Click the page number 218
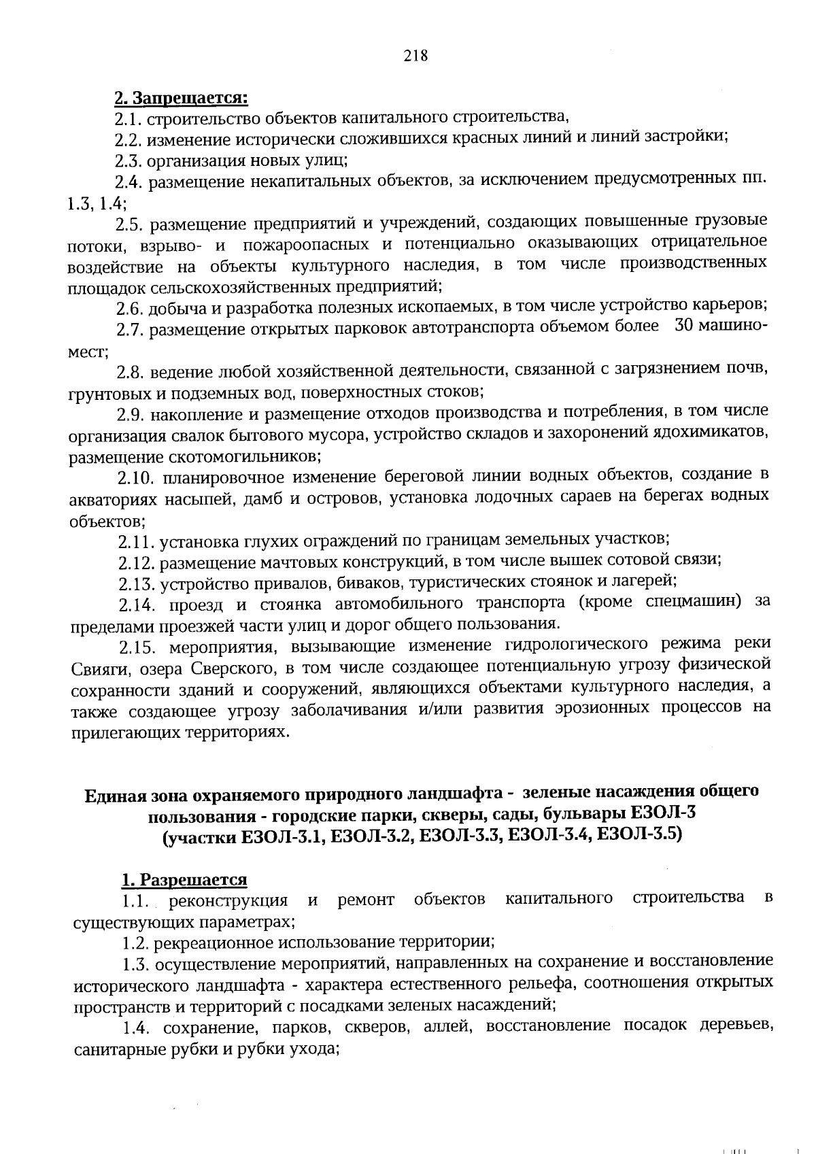[x=415, y=56]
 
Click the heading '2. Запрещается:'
[x=181, y=98]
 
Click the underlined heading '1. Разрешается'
[x=184, y=880]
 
